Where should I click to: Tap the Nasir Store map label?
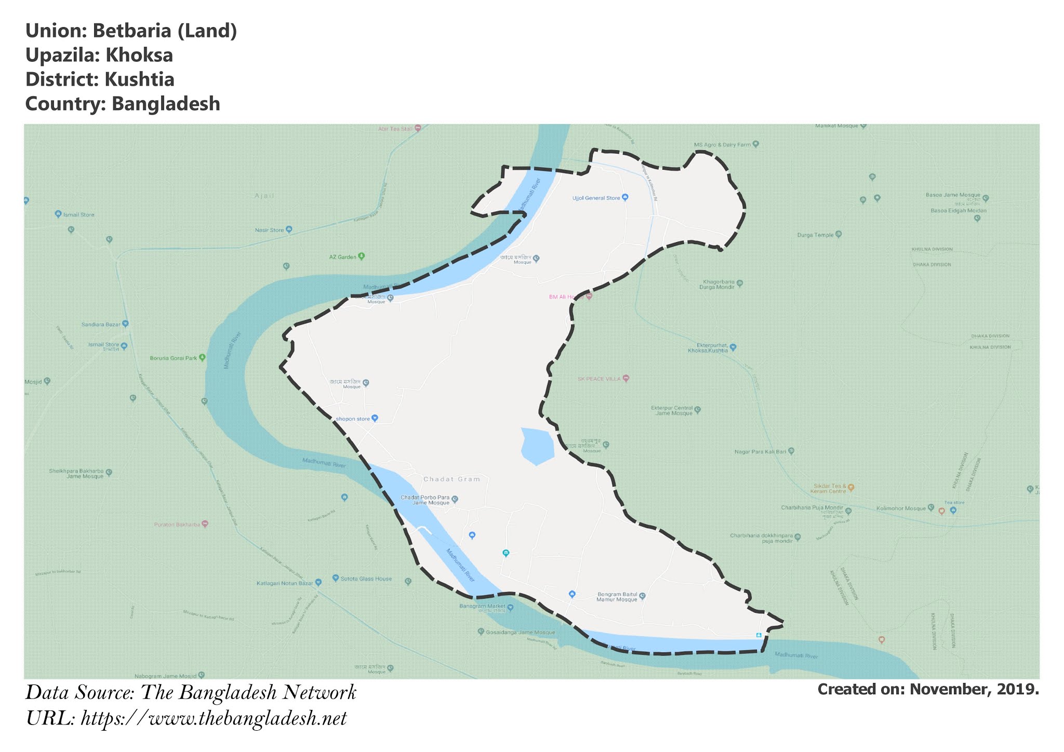[x=270, y=230]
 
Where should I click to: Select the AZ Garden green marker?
[x=362, y=256]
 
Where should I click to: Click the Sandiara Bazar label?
[x=101, y=325]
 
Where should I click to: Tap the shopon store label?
[x=353, y=419]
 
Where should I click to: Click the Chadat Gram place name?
[x=451, y=479]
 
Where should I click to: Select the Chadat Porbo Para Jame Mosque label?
[x=424, y=500]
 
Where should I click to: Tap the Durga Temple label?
[x=815, y=235]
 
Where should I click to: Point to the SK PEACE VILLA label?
[x=599, y=379]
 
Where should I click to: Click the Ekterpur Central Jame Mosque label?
[x=672, y=410]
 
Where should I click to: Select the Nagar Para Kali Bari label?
[x=761, y=452]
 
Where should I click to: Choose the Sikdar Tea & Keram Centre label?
[x=830, y=489]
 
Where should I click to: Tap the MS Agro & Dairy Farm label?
[x=722, y=145]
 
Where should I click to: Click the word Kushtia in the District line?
[x=139, y=80]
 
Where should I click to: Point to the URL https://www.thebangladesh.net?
[x=214, y=719]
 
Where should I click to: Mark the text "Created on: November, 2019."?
[x=928, y=690]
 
